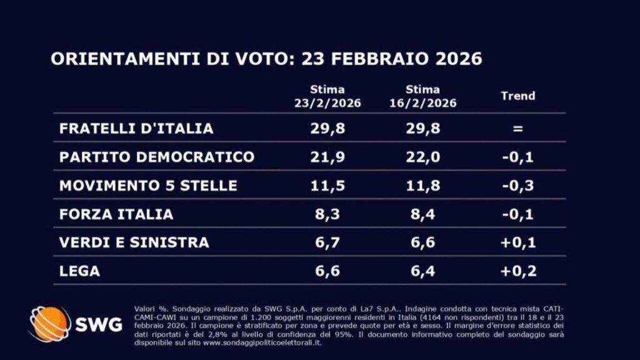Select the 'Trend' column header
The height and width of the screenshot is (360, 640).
point(518,96)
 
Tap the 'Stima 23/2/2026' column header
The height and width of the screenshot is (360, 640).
point(327,96)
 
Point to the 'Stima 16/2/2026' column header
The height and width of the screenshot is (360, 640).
point(422,96)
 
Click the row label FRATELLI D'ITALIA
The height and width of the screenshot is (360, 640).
point(136,128)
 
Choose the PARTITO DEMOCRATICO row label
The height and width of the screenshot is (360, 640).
point(157,157)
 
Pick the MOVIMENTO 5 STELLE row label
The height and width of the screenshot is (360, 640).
point(148,186)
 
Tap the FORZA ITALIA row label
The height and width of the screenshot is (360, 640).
point(116,214)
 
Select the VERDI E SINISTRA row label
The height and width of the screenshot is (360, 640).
point(134,242)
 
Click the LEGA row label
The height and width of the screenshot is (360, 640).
point(79,271)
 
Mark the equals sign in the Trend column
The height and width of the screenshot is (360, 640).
point(518,129)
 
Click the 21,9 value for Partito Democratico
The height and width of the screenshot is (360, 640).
point(327,157)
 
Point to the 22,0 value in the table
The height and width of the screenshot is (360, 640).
point(422,157)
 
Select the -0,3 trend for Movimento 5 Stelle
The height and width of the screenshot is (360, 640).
point(518,186)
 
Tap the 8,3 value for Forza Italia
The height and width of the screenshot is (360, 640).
point(327,214)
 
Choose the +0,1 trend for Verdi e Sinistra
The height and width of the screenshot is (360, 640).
point(518,242)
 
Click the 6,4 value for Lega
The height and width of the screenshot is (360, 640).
point(422,271)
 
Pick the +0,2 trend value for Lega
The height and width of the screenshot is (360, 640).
point(518,271)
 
